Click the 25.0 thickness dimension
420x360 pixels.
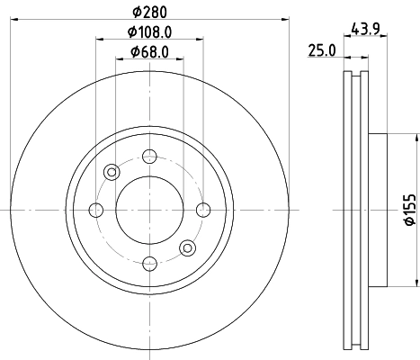pyautogui.click(x=322, y=51)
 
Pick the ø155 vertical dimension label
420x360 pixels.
pyautogui.click(x=408, y=209)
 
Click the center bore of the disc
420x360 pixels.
pyautogui.click(x=149, y=210)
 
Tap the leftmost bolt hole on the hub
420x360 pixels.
pyautogui.click(x=95, y=210)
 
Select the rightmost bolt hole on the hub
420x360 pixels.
pyautogui.click(x=203, y=210)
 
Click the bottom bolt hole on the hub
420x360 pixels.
pyautogui.click(x=149, y=264)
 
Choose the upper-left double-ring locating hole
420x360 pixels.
pyautogui.click(x=112, y=171)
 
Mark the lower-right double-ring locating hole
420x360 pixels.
pyautogui.click(x=188, y=247)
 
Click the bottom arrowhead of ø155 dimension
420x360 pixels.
pyautogui.click(x=416, y=283)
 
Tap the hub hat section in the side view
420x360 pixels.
pyautogui.click(x=378, y=210)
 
